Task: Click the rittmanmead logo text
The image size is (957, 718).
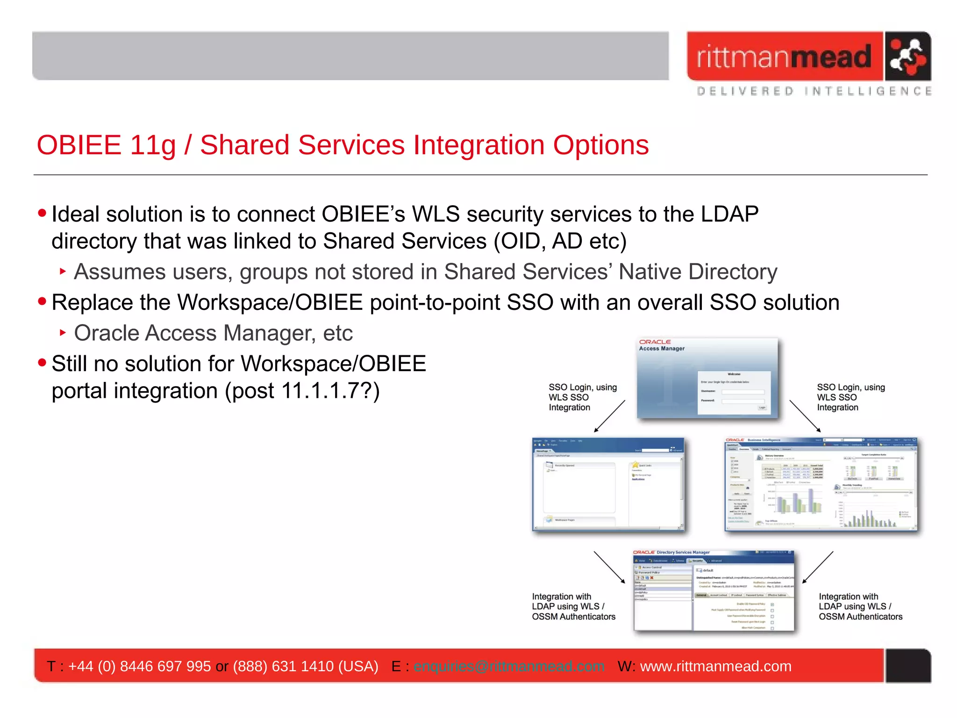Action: tap(784, 57)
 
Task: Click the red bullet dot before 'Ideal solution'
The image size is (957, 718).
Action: tap(42, 213)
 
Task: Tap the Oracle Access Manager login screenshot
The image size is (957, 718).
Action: tap(707, 378)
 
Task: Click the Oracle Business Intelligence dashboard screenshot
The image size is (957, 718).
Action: tap(821, 484)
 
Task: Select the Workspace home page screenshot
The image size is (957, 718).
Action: tap(608, 484)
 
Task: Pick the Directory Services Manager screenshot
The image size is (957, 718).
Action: tap(714, 591)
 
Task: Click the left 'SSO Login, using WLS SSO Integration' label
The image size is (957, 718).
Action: tap(582, 397)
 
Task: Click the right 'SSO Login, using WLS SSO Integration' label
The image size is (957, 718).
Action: tap(850, 397)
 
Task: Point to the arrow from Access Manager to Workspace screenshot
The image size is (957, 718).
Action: tap(609, 416)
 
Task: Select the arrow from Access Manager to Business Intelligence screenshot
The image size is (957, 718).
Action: tap(805, 416)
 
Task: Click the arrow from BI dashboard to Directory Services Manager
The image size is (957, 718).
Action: tap(818, 567)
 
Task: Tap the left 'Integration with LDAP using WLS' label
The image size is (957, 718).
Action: tap(573, 607)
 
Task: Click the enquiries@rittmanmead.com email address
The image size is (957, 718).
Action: tap(509, 666)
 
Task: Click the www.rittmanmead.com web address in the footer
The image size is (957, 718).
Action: tap(715, 666)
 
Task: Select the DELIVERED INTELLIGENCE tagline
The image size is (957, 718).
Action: tap(814, 91)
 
